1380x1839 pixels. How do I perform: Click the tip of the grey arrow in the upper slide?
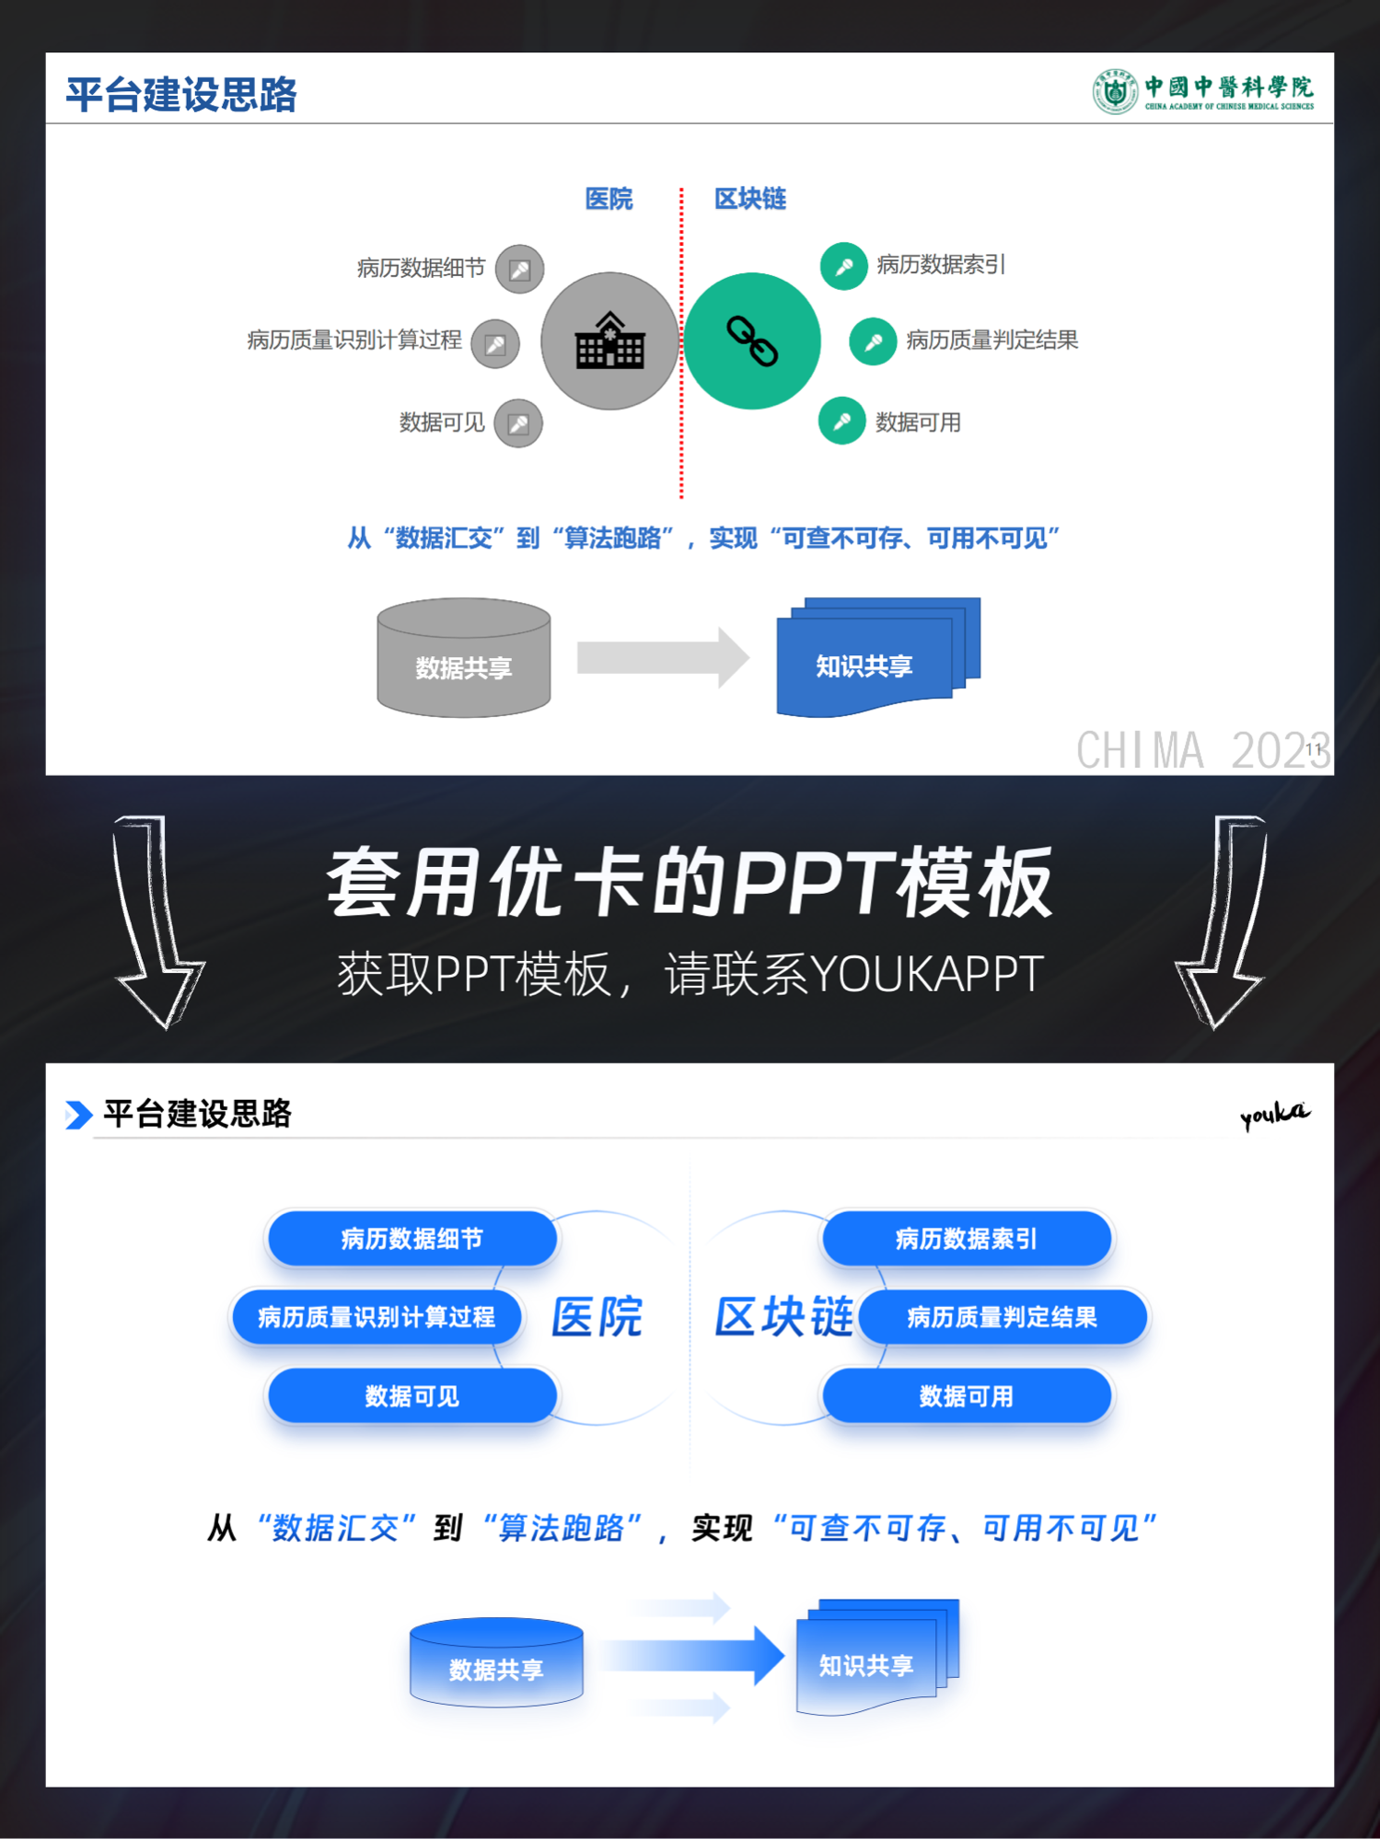[749, 657]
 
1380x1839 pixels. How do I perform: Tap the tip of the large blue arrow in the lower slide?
[784, 1655]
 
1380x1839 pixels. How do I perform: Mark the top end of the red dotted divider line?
[681, 188]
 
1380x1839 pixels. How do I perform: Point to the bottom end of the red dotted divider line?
[681, 498]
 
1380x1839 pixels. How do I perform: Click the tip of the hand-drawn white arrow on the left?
[164, 1027]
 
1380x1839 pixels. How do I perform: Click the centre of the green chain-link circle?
[752, 341]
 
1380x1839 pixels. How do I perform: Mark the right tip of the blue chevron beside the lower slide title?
[93, 1115]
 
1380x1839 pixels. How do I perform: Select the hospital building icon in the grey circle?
[609, 341]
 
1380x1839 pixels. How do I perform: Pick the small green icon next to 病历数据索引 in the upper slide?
[843, 266]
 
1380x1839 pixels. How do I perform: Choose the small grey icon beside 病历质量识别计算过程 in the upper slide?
[495, 343]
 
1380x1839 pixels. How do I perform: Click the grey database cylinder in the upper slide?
[464, 657]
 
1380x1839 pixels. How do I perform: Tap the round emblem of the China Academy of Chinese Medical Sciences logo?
[1115, 92]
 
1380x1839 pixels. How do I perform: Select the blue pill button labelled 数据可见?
[412, 1395]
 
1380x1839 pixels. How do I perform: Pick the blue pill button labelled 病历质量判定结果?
[1003, 1316]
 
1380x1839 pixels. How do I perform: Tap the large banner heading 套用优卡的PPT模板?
[690, 884]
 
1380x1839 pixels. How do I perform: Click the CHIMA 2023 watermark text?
[1202, 750]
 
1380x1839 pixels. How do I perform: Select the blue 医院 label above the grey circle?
[609, 199]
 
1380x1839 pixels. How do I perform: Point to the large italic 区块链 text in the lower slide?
[785, 1316]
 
